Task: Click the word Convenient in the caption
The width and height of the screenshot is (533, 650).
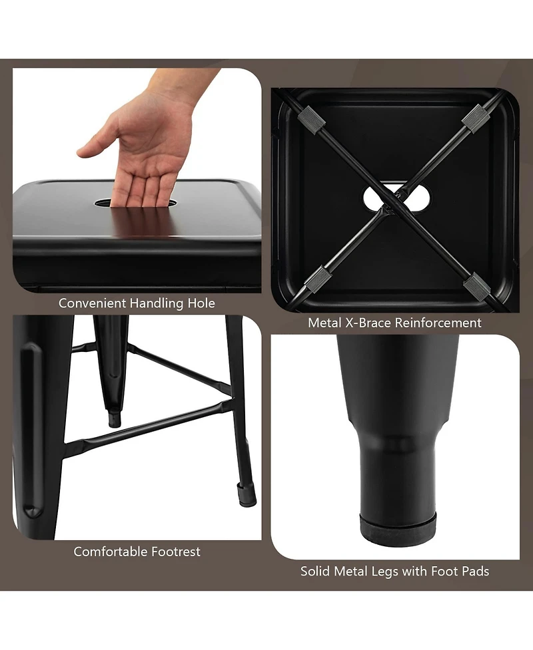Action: (x=93, y=303)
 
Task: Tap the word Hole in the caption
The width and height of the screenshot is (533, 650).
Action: (x=201, y=303)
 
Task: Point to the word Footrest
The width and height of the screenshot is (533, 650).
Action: (x=176, y=552)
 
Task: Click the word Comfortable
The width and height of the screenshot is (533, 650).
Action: (x=111, y=552)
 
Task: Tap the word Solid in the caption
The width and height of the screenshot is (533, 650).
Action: (x=316, y=571)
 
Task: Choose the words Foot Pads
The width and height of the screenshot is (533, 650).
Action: (x=460, y=571)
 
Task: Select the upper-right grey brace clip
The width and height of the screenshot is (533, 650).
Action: (x=476, y=118)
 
